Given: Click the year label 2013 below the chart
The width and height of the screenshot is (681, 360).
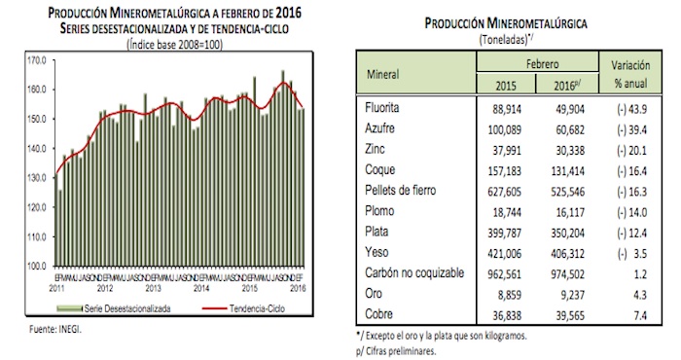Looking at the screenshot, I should [x=155, y=289].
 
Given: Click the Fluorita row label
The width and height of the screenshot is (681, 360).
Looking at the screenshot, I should [x=381, y=107].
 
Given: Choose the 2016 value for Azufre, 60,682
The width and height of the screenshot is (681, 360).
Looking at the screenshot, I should [x=563, y=128].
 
